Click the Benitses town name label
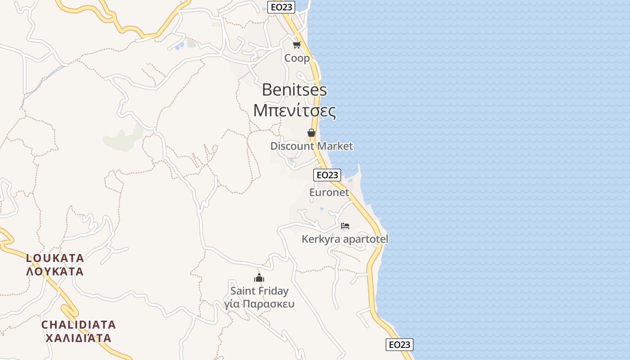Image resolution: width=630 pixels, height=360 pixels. (x=294, y=90)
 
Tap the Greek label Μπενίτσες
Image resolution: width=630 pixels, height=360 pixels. (x=294, y=110)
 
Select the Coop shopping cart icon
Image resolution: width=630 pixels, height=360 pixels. (x=297, y=45)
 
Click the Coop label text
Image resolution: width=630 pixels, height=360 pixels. (x=297, y=58)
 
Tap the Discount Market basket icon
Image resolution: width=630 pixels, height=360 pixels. (x=311, y=133)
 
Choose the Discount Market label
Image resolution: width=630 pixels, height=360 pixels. (x=311, y=146)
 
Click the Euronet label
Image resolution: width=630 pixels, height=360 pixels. (x=329, y=192)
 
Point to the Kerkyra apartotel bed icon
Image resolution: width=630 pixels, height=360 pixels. (x=345, y=225)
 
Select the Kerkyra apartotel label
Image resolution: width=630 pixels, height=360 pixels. (x=345, y=239)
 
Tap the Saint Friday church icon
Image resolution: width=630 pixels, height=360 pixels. (x=259, y=278)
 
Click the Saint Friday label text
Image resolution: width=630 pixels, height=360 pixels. (x=259, y=291)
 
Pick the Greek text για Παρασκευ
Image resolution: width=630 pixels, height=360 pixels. (x=259, y=304)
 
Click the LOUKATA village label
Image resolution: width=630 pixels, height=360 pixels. (x=55, y=258)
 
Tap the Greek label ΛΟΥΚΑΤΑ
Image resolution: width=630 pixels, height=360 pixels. (x=55, y=271)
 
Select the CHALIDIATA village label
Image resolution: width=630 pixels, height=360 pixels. (x=79, y=324)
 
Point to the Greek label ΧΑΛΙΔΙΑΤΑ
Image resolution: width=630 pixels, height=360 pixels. (x=79, y=338)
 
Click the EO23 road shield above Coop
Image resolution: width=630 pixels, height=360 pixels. (x=281, y=7)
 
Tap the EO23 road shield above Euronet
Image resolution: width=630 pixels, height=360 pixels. (x=327, y=175)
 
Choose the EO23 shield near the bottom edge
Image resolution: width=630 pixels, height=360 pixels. (x=399, y=345)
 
